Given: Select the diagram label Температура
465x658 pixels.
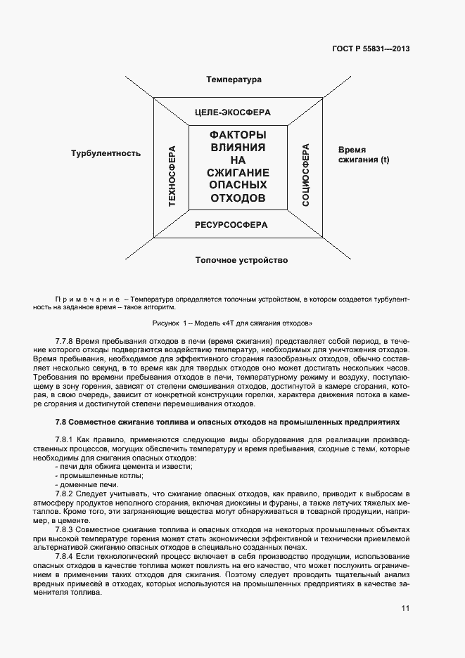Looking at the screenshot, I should (234, 79).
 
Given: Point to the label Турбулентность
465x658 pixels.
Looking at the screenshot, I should (106, 153).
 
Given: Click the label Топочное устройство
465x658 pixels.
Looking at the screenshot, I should (241, 260).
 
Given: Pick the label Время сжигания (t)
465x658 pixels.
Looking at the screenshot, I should (363, 155).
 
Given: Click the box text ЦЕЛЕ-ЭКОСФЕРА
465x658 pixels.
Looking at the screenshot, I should (232, 112).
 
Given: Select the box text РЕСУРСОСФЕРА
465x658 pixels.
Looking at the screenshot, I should (231, 226).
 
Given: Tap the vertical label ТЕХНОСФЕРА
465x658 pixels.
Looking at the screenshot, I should (171, 176).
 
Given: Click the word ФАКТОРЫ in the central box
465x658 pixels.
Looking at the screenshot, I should (238, 134).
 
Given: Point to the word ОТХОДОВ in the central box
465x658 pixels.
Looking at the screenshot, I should (238, 198).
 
